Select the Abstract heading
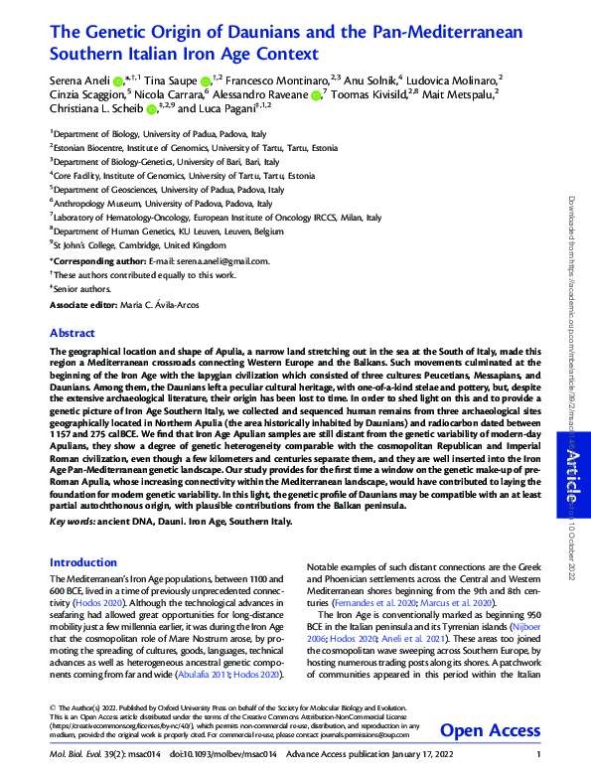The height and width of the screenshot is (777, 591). tap(73, 333)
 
